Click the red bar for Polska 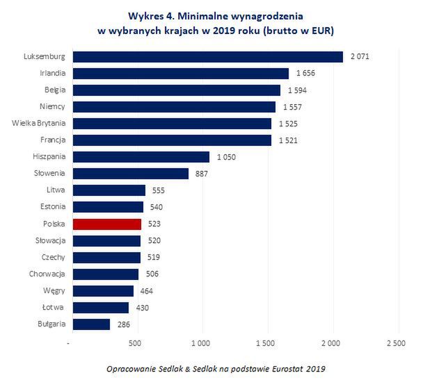[107, 224]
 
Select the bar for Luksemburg [207, 56]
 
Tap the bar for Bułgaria [91, 324]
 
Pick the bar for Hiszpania [141, 157]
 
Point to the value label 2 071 [359, 56]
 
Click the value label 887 [202, 174]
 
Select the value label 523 [154, 224]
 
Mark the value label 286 [123, 324]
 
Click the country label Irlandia [50, 73]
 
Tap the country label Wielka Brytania [39, 123]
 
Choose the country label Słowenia [49, 174]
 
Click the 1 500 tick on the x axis [266, 343]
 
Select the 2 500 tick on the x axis [397, 343]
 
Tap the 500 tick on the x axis [135, 343]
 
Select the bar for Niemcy [174, 106]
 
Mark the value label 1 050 [228, 157]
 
